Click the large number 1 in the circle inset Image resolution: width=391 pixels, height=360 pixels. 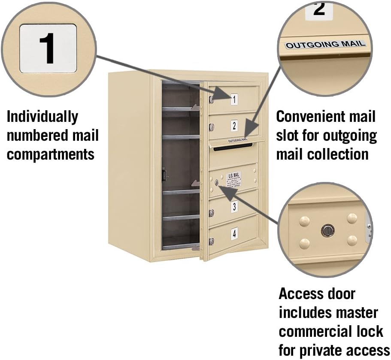[48, 48]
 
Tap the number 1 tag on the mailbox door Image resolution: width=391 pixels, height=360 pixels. [233, 100]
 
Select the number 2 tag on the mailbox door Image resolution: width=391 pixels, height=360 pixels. [233, 126]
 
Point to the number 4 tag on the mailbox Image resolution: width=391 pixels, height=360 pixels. [233, 234]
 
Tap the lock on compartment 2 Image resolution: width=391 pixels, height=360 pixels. [211, 127]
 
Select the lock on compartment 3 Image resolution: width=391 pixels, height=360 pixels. [211, 212]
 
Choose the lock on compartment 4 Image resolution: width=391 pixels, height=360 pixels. [211, 241]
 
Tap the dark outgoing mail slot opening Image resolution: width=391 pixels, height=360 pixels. [232, 147]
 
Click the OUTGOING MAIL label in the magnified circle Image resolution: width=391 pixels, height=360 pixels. [325, 44]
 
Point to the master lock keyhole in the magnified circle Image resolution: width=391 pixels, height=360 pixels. [327, 230]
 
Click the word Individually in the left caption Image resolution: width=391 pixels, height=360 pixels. [42, 116]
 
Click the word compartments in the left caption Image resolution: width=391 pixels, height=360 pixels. [51, 154]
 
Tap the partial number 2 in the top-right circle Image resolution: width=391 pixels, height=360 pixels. [319, 8]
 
